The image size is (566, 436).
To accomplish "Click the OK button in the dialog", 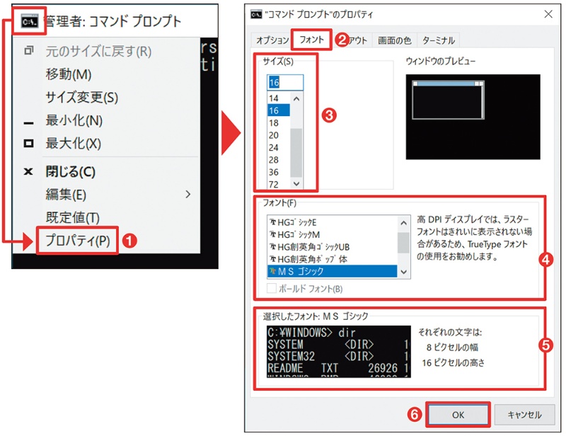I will click(458, 414).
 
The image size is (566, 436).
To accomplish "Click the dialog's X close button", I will click(548, 13).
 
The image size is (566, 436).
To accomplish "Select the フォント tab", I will click(312, 40).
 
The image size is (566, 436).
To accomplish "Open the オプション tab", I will click(272, 40).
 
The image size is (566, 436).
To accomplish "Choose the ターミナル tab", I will click(439, 40).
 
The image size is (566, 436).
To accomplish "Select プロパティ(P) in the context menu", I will click(78, 240).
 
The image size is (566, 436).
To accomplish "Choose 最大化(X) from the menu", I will click(74, 144).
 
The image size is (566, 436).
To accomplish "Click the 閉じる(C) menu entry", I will click(71, 171).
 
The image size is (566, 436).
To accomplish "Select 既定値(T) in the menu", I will click(73, 217).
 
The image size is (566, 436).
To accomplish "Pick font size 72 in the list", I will click(275, 184).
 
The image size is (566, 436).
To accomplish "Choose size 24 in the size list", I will click(275, 148).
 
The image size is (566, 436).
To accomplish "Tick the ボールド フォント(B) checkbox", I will click(272, 288).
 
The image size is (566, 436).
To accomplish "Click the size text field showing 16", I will click(284, 83).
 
